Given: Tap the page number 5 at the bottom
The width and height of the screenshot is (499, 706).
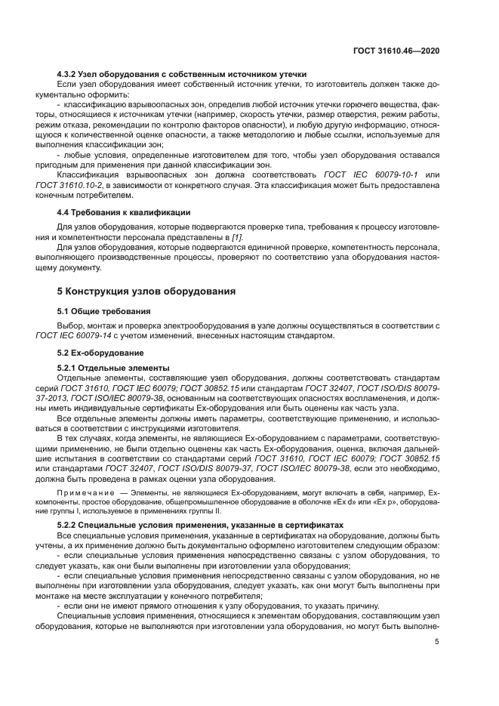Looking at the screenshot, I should click(437, 642).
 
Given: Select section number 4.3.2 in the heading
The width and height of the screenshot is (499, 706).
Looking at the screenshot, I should click(69, 74).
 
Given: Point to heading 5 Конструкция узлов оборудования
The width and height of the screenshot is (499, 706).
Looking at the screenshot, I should click(146, 291).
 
